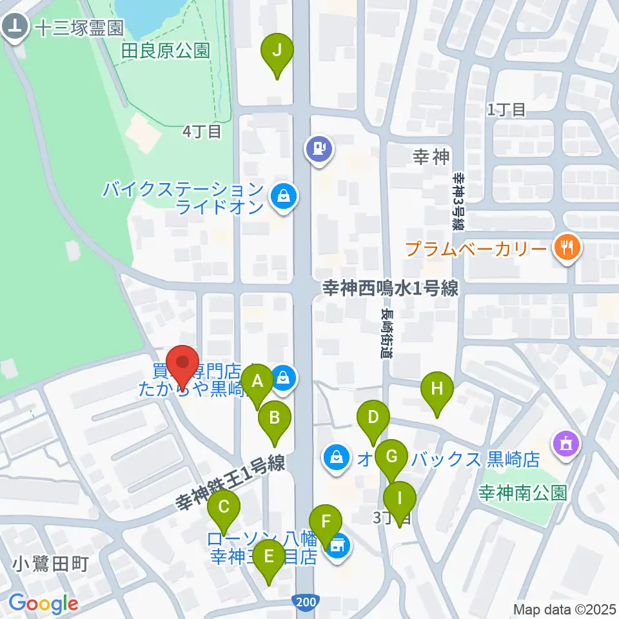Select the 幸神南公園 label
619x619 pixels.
click(522, 494)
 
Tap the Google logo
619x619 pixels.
click(43, 604)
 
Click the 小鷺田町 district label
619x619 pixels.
click(50, 565)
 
